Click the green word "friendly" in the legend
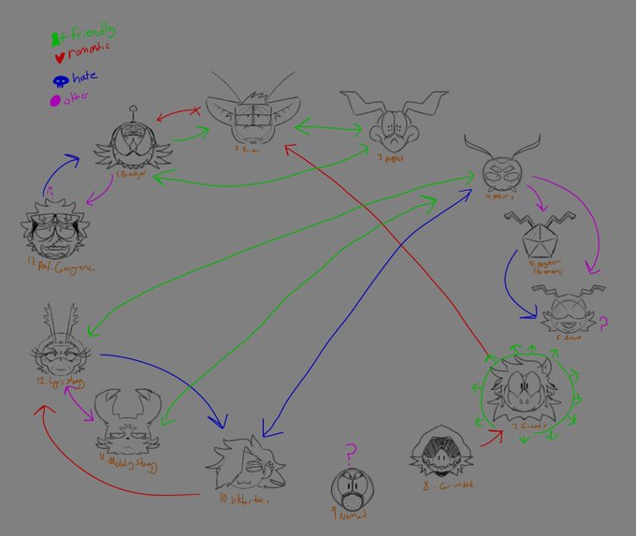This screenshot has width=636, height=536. click(x=83, y=35)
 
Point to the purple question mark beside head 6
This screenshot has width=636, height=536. click(x=603, y=325)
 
